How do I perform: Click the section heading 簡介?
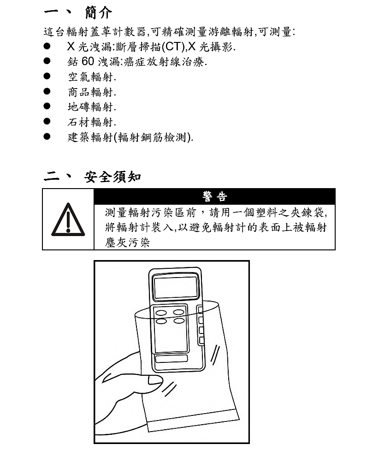point(99,12)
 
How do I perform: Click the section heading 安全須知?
point(112,177)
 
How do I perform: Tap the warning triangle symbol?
point(68,219)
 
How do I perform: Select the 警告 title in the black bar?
point(214,197)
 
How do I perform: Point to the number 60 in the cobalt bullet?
point(88,61)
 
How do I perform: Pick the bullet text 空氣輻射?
point(92,77)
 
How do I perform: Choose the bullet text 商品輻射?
point(92,92)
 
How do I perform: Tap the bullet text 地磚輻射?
point(92,107)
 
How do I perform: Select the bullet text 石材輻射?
point(92,122)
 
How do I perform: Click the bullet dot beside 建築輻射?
point(47,136)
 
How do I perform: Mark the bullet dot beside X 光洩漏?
point(47,46)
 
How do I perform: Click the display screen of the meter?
point(176,287)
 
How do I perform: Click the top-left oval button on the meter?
point(161,312)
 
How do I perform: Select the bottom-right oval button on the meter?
point(179,321)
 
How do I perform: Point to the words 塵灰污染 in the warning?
point(127,243)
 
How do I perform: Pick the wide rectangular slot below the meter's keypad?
point(171,359)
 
